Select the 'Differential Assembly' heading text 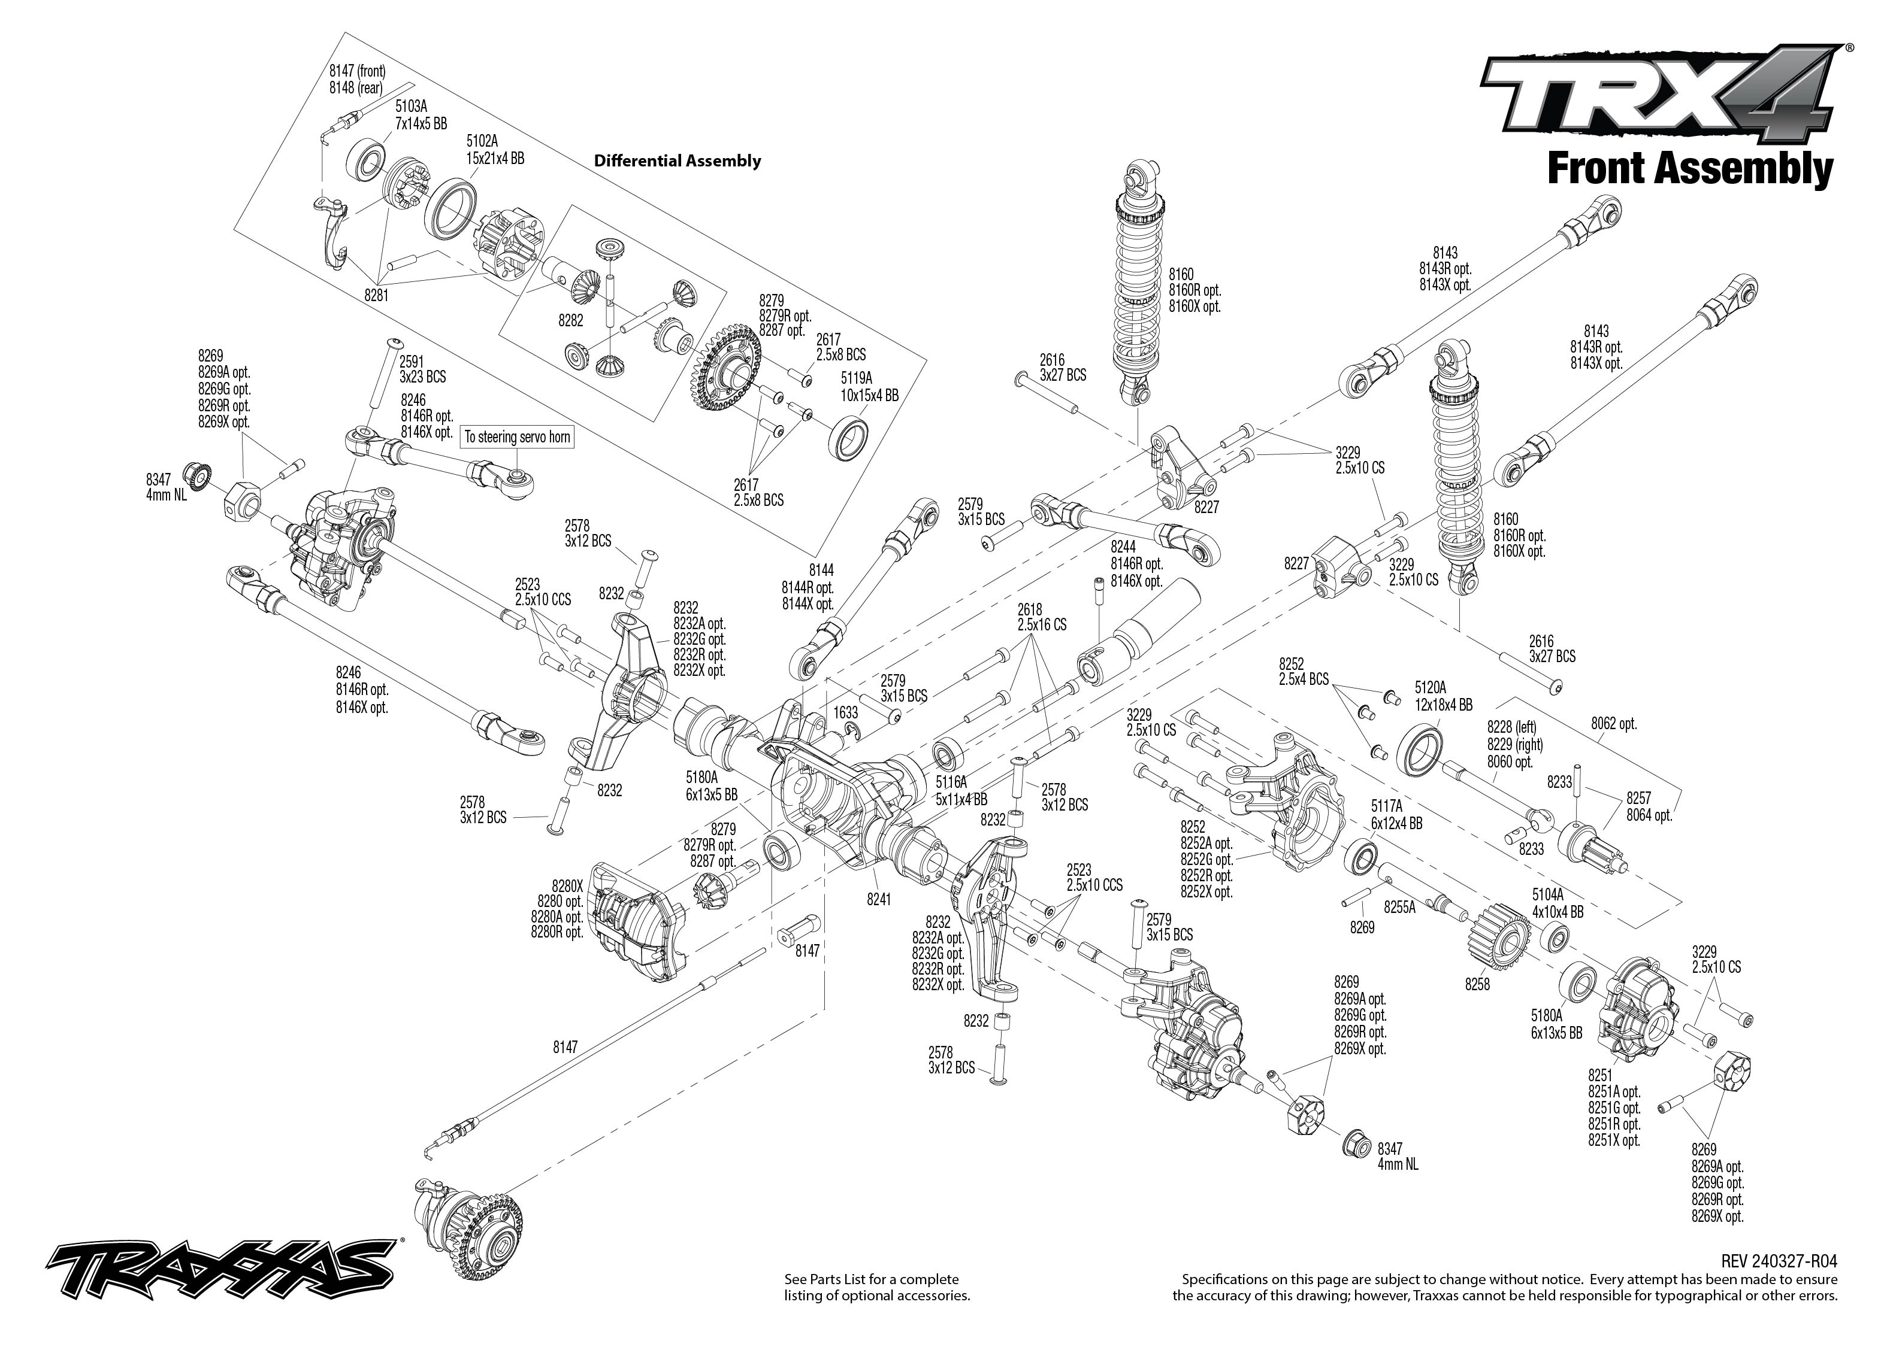pos(677,161)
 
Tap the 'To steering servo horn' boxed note pos(517,436)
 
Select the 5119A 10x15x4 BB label pos(869,387)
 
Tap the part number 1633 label pos(846,712)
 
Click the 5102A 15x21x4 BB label pos(495,149)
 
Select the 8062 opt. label pos(1613,723)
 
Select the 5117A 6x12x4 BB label pos(1396,815)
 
